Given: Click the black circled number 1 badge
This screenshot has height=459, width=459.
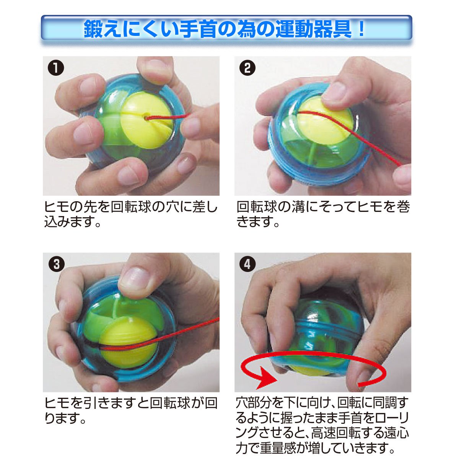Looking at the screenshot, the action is (56, 68).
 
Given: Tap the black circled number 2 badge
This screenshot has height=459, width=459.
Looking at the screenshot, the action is (247, 68).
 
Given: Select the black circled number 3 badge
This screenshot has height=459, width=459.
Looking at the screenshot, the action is (56, 264).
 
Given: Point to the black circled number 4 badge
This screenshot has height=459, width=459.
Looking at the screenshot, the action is (247, 264).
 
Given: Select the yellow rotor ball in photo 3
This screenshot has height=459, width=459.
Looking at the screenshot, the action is (127, 345).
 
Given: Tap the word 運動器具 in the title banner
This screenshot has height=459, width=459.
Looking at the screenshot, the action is (314, 29).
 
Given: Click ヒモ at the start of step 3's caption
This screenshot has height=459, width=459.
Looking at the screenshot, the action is (57, 403).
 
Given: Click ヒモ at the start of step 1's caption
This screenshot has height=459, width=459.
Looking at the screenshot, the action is (57, 207).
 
